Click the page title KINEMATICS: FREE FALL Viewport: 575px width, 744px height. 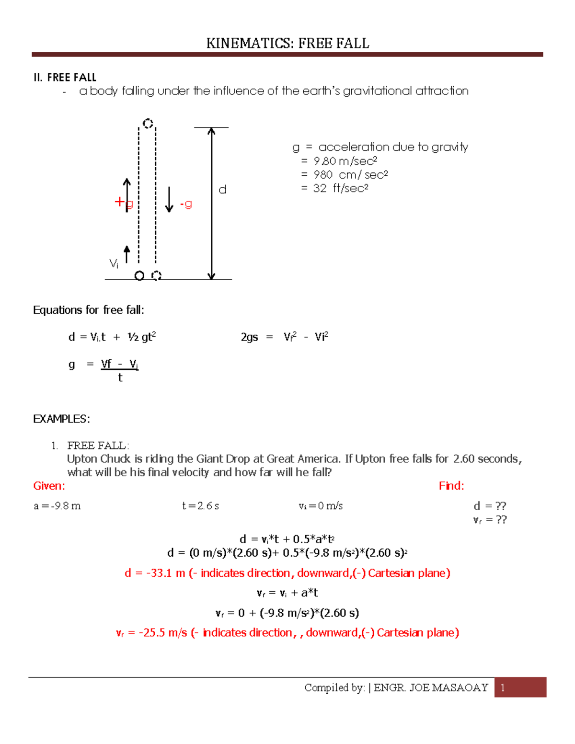click(287, 44)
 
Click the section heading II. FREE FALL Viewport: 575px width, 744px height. click(65, 78)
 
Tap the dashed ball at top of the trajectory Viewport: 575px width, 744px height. click(148, 124)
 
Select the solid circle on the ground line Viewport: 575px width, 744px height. click(139, 276)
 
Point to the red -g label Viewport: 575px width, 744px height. click(186, 204)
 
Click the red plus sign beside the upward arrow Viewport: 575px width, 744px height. click(119, 202)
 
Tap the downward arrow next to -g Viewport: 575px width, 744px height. click(169, 200)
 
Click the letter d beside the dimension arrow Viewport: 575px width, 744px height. click(222, 190)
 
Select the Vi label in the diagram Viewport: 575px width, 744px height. click(114, 263)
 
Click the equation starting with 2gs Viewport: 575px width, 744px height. click(284, 337)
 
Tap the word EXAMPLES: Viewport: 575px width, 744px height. click(61, 419)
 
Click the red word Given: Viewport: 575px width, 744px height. click(49, 486)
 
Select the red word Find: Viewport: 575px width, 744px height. click(451, 486)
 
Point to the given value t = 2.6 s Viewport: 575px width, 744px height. click(200, 506)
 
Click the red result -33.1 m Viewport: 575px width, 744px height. click(155, 573)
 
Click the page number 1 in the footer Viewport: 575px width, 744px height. click(503, 688)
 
